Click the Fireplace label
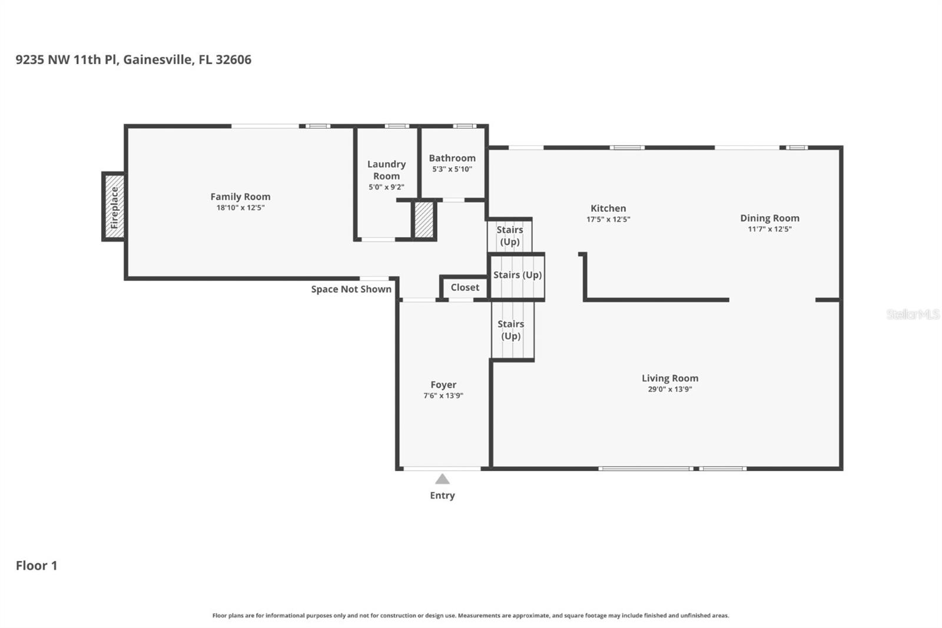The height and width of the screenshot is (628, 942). tap(114, 207)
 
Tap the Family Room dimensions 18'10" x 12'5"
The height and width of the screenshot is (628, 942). tap(240, 208)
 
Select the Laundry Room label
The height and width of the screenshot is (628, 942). tap(386, 170)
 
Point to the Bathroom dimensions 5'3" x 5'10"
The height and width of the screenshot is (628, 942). tap(452, 169)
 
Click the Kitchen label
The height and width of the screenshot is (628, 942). tap(608, 208)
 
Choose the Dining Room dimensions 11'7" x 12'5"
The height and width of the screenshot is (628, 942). tap(769, 229)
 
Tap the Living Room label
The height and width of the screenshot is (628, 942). tap(670, 378)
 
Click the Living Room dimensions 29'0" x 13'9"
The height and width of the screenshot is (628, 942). tap(670, 389)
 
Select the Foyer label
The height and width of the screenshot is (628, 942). tap(443, 385)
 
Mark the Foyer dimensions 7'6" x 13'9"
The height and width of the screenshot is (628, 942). tap(443, 396)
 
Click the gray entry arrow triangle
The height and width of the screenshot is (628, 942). tap(442, 479)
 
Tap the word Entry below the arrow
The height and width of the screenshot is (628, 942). tap(442, 495)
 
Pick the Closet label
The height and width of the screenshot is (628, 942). tap(465, 287)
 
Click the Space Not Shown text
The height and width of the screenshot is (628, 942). tap(351, 289)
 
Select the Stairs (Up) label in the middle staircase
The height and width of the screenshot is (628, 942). tap(517, 275)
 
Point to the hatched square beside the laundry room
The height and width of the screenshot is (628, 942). tap(424, 220)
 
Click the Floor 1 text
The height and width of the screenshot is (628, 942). tap(37, 566)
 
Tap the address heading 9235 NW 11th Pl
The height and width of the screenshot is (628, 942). tap(133, 60)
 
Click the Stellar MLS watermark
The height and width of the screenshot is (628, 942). tap(913, 314)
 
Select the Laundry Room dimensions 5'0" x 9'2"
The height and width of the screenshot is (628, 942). tap(386, 187)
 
